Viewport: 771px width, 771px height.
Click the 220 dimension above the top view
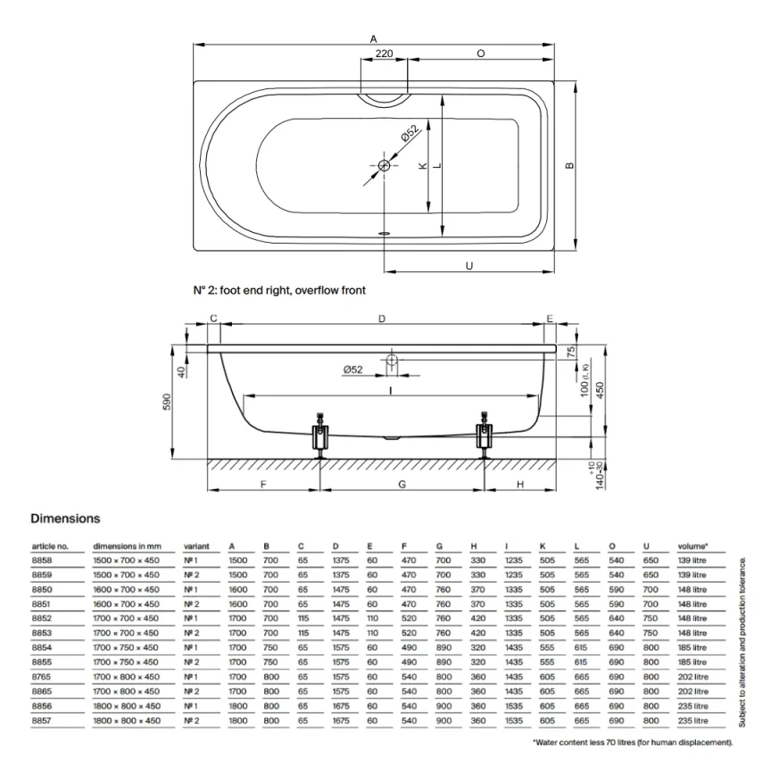(385, 54)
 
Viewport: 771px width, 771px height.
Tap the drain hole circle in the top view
(385, 166)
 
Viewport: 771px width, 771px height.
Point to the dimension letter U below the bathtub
(469, 265)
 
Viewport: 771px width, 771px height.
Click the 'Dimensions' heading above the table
(65, 518)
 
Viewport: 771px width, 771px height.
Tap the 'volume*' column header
(692, 546)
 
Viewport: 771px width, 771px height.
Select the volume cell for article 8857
(692, 720)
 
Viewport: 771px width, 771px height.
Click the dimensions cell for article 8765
(126, 677)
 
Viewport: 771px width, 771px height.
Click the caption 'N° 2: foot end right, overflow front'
(279, 290)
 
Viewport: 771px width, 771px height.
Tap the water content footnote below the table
(633, 742)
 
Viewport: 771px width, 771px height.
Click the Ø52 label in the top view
(408, 135)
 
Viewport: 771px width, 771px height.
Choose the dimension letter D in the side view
(382, 319)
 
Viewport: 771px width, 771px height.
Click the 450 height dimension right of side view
(600, 391)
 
